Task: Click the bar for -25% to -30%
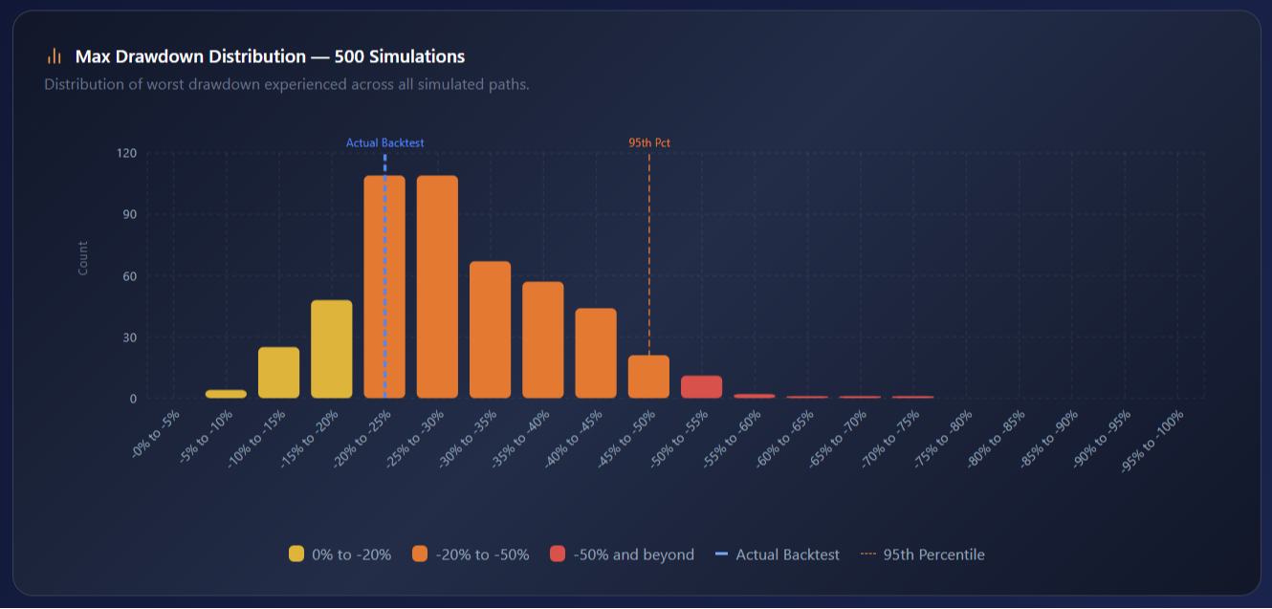437,287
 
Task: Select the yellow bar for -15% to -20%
332,349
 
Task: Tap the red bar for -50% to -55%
701,387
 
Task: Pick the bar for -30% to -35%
490,330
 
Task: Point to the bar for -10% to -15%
278,373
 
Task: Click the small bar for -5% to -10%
226,394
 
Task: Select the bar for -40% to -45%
596,354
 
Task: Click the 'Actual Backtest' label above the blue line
384,143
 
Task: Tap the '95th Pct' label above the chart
649,143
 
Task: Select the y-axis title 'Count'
83,258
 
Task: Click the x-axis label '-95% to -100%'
1158,439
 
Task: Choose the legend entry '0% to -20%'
340,555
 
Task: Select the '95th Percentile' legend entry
922,555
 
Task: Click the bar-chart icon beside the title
55,56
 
